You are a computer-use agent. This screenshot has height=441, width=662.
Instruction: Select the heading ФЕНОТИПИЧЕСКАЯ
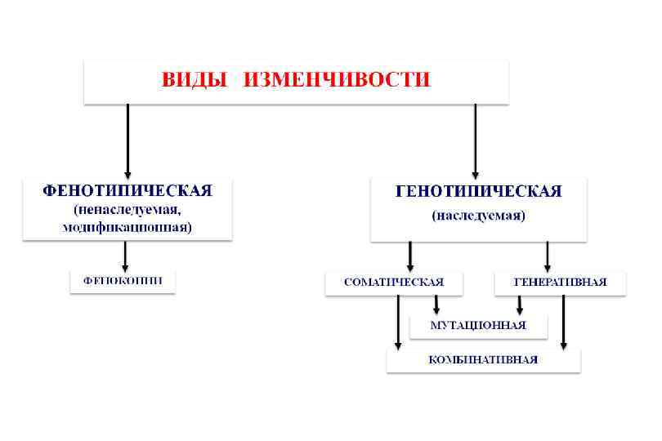click(x=127, y=191)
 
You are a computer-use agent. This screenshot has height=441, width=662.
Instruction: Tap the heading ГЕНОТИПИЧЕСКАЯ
click(x=478, y=192)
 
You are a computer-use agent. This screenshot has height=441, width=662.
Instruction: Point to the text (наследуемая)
click(x=478, y=216)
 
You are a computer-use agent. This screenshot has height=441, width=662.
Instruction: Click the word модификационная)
click(x=127, y=228)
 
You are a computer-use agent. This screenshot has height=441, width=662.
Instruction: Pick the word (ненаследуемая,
click(x=127, y=210)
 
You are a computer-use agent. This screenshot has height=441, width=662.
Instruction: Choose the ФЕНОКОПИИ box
click(x=122, y=280)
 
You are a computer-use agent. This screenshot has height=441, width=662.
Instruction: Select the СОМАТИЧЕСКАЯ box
click(x=393, y=283)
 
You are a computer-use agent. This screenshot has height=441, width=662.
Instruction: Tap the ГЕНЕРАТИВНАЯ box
click(x=560, y=283)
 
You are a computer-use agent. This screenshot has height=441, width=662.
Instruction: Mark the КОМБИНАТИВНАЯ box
click(x=483, y=359)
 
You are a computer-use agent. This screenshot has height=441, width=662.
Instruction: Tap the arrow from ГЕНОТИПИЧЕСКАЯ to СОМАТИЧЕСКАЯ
click(x=409, y=256)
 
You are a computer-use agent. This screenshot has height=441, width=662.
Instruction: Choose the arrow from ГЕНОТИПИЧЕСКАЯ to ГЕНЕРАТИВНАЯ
click(x=547, y=256)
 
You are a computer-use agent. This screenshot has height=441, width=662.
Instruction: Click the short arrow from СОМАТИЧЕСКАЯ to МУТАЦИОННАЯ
click(x=436, y=305)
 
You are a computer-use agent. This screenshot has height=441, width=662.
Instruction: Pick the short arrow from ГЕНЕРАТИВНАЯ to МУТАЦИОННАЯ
click(x=519, y=305)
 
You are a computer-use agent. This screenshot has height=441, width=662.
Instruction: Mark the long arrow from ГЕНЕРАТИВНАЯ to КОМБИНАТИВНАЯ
click(x=563, y=323)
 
